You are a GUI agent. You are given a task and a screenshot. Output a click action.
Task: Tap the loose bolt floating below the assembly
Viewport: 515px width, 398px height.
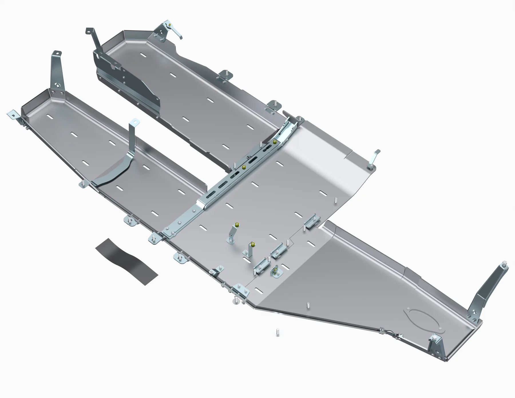277,332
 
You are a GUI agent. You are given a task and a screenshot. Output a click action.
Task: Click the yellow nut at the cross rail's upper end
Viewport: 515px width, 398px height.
275,142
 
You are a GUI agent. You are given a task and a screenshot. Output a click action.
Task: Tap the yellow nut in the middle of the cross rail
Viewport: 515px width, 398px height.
244,167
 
